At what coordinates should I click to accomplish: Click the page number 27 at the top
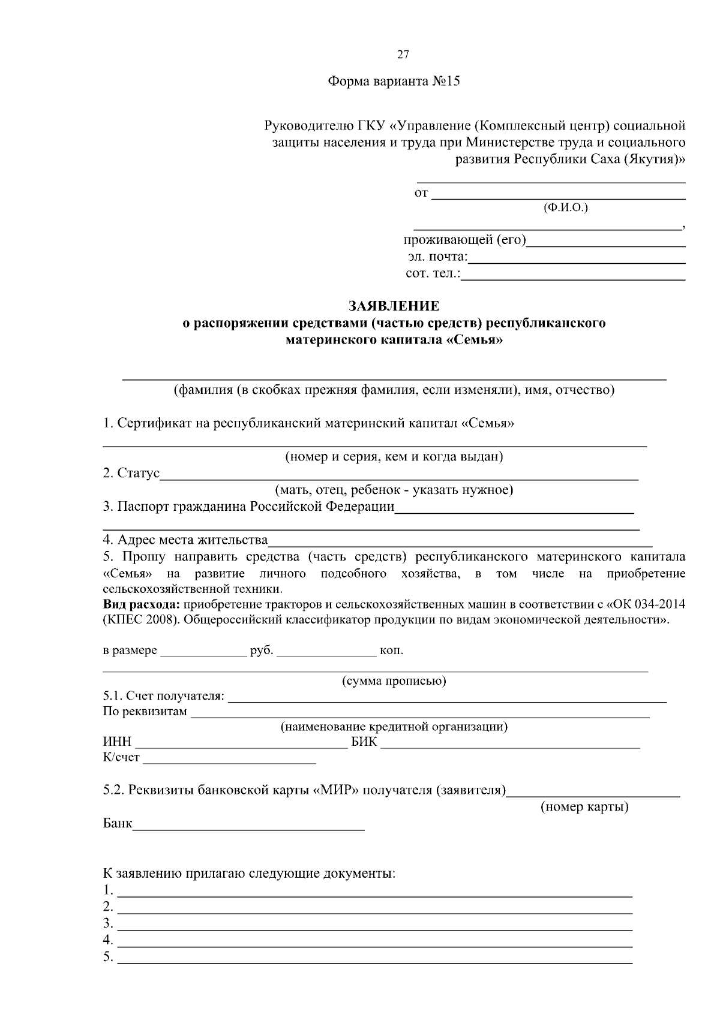tap(403, 55)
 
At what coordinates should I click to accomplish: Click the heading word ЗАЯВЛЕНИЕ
tap(394, 306)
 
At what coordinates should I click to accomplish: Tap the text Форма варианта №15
tap(394, 82)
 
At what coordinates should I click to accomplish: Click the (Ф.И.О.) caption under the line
tap(565, 208)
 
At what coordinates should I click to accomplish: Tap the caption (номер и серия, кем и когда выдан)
tap(394, 457)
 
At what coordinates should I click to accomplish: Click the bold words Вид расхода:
tap(142, 604)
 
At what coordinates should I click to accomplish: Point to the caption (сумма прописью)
tap(394, 681)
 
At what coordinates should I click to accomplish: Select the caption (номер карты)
tap(584, 807)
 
